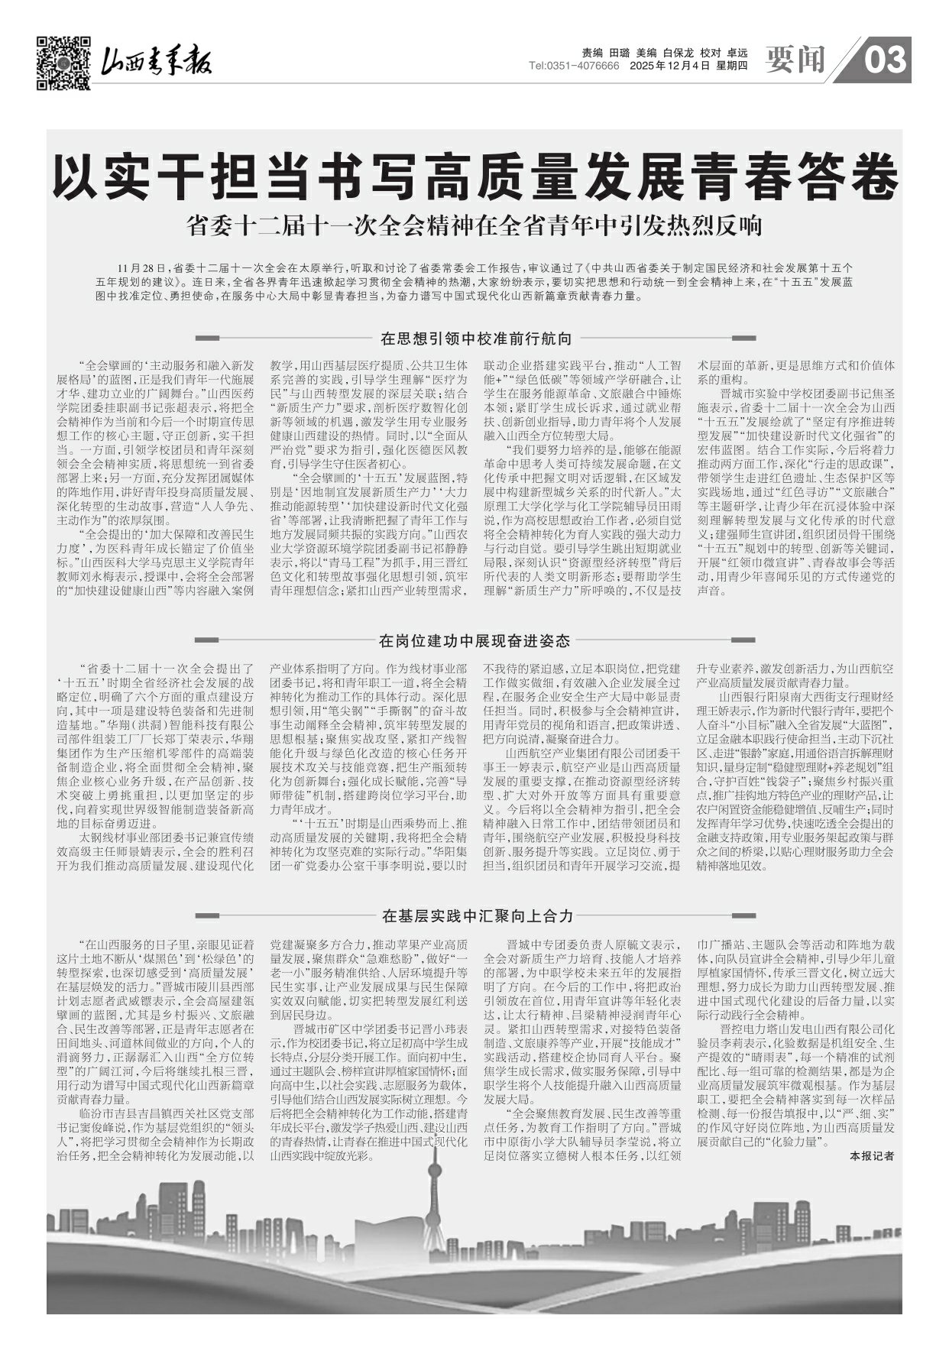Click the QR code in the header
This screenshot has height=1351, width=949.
pyautogui.click(x=63, y=63)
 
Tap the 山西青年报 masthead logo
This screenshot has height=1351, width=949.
pyautogui.click(x=157, y=61)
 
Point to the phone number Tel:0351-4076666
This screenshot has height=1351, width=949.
pyautogui.click(x=574, y=66)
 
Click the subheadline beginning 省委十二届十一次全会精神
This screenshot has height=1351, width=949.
pyautogui.click(x=474, y=227)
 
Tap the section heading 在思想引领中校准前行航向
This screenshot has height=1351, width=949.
pyautogui.click(x=475, y=338)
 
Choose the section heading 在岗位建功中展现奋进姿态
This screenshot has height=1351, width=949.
pyautogui.click(x=475, y=640)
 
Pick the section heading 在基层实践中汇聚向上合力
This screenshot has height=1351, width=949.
pyautogui.click(x=475, y=915)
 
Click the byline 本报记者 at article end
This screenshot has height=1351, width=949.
pyautogui.click(x=872, y=1156)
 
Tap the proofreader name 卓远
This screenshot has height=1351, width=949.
pyautogui.click(x=737, y=53)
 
